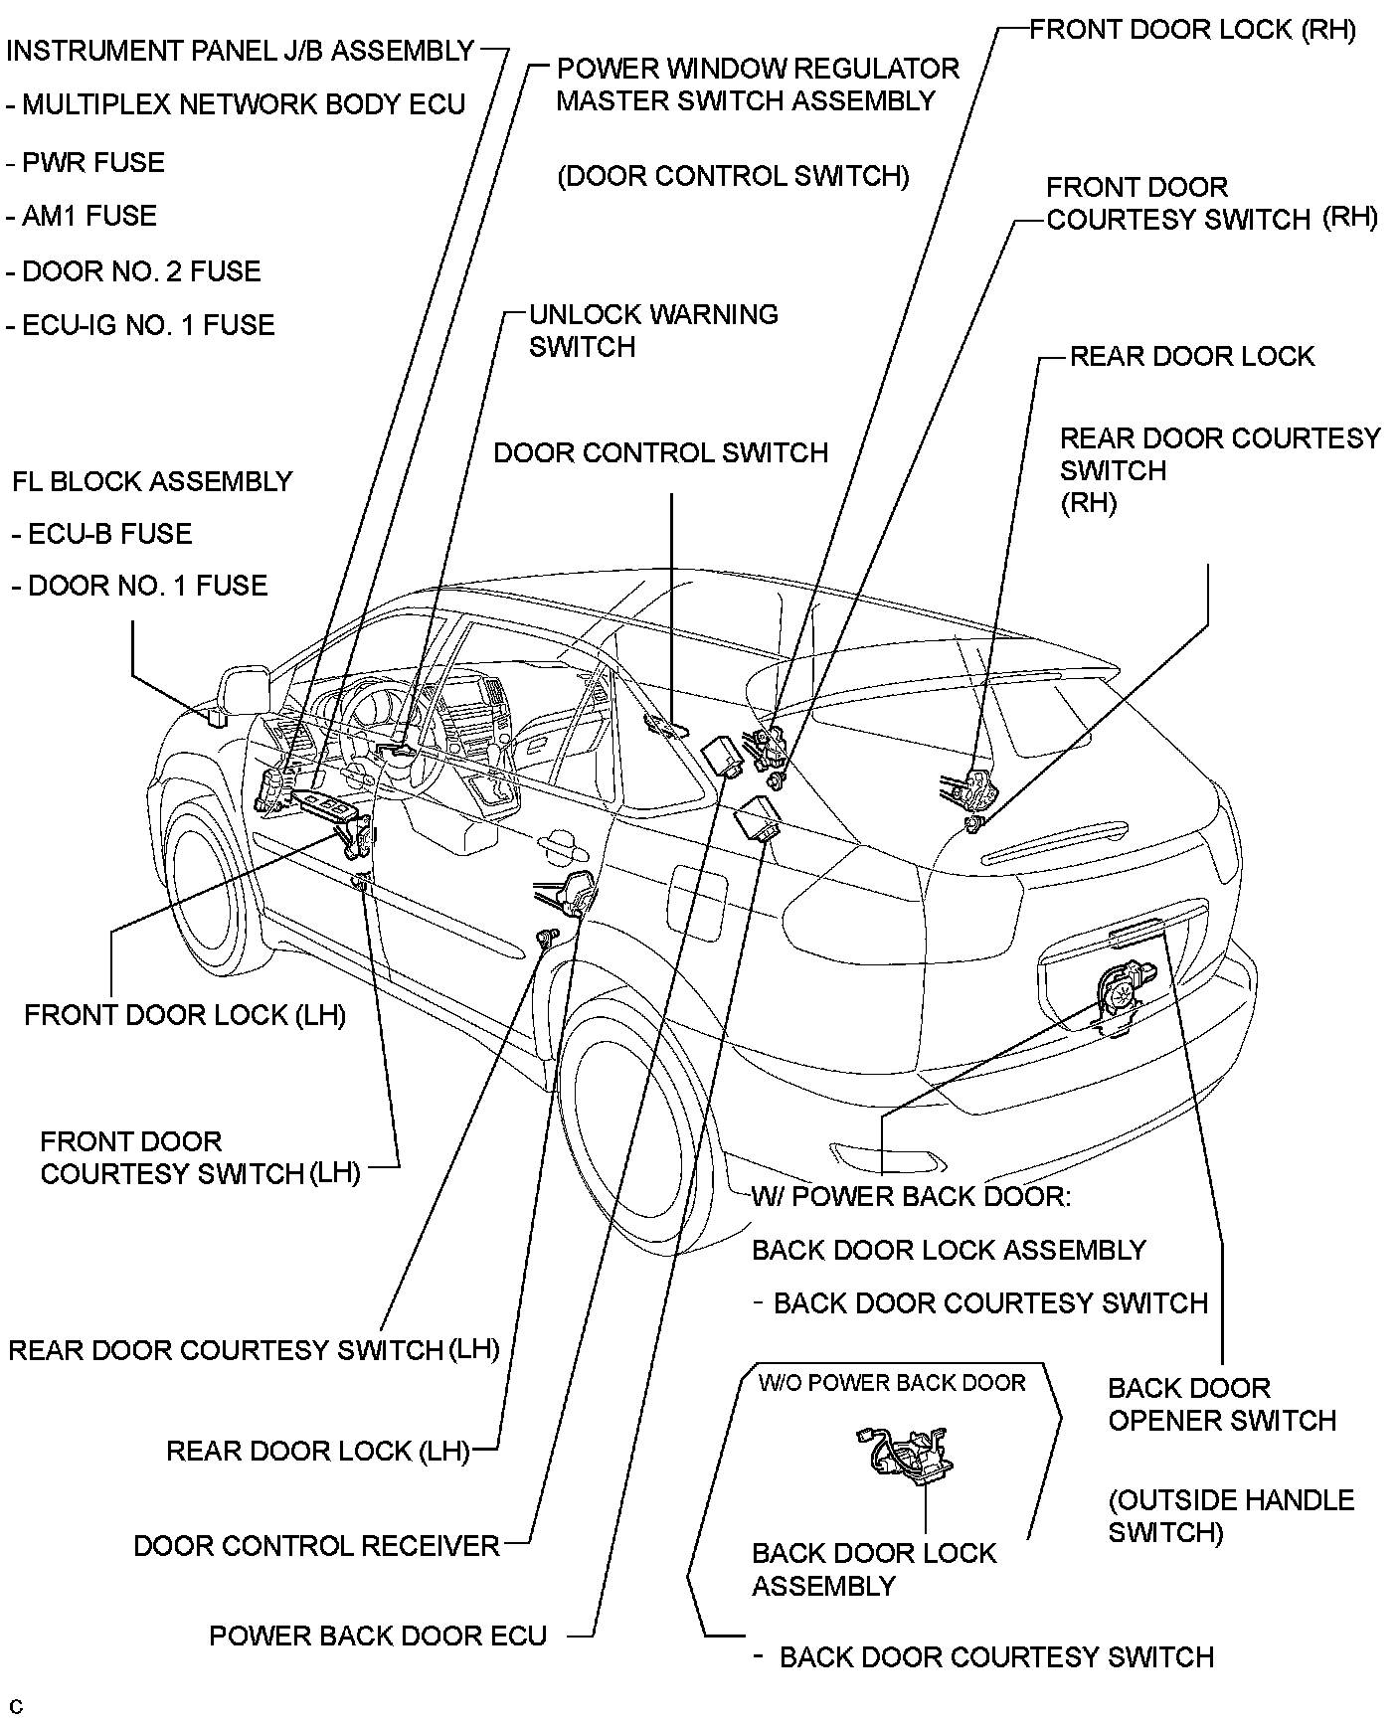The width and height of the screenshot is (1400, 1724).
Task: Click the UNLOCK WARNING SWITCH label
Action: (x=653, y=330)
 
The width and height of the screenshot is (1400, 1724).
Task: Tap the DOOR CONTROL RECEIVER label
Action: (x=316, y=1546)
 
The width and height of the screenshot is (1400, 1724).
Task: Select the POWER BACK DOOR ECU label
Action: (x=378, y=1637)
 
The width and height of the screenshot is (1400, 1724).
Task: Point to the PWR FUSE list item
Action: (x=87, y=162)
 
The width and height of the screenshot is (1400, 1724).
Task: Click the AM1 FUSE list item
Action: (x=83, y=217)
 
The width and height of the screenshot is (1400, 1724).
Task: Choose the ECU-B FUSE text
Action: (x=102, y=534)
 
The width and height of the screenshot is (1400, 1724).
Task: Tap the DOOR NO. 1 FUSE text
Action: (x=140, y=586)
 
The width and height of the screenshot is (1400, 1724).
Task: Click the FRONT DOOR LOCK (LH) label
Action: (x=185, y=1015)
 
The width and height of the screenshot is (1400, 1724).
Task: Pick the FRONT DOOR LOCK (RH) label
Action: (x=1192, y=30)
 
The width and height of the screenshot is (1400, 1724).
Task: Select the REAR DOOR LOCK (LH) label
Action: (x=317, y=1451)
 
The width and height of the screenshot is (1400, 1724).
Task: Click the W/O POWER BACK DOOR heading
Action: (x=891, y=1383)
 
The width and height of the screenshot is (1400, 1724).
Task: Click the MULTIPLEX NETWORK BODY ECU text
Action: (x=236, y=104)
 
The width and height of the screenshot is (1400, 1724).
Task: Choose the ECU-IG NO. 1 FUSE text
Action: (x=140, y=325)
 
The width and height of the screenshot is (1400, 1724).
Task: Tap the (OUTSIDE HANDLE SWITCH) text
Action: (x=1230, y=1516)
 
